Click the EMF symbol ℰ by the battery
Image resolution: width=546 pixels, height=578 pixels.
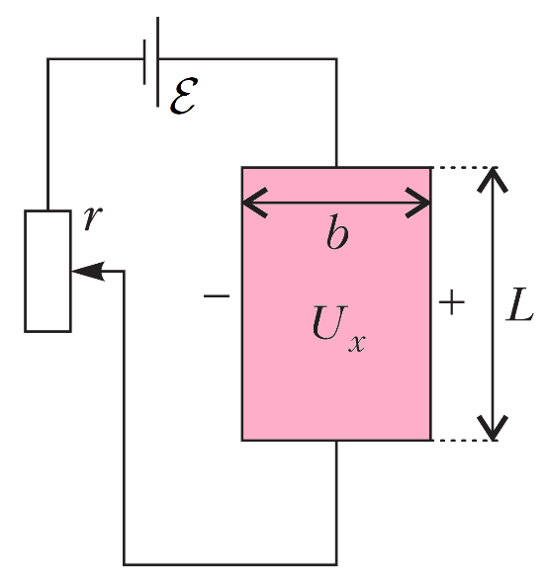[x=184, y=96]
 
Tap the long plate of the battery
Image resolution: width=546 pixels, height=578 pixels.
[x=158, y=61]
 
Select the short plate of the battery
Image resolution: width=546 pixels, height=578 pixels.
[x=144, y=62]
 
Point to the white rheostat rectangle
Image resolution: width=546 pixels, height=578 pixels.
[x=47, y=271]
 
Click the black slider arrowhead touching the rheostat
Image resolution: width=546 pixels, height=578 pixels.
[x=89, y=272]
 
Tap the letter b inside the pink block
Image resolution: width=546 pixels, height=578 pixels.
[x=337, y=232]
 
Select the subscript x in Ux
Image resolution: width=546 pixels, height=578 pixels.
[x=357, y=344]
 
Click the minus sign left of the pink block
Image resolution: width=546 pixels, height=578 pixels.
[x=217, y=295]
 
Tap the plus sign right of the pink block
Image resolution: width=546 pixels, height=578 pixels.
[x=452, y=302]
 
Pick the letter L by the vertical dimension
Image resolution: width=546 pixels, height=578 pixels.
[x=519, y=304]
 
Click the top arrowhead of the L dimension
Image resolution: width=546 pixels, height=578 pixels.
[x=493, y=180]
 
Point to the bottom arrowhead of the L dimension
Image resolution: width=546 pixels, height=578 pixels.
[x=493, y=428]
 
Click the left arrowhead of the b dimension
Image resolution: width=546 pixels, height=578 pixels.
[x=255, y=203]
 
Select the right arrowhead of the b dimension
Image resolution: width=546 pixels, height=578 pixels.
[x=418, y=203]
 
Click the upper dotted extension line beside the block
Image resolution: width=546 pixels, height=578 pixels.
[x=465, y=167]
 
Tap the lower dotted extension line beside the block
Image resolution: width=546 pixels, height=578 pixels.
[x=465, y=440]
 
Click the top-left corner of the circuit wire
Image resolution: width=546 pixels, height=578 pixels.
[x=47, y=59]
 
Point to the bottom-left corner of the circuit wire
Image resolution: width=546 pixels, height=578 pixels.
[x=125, y=564]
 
